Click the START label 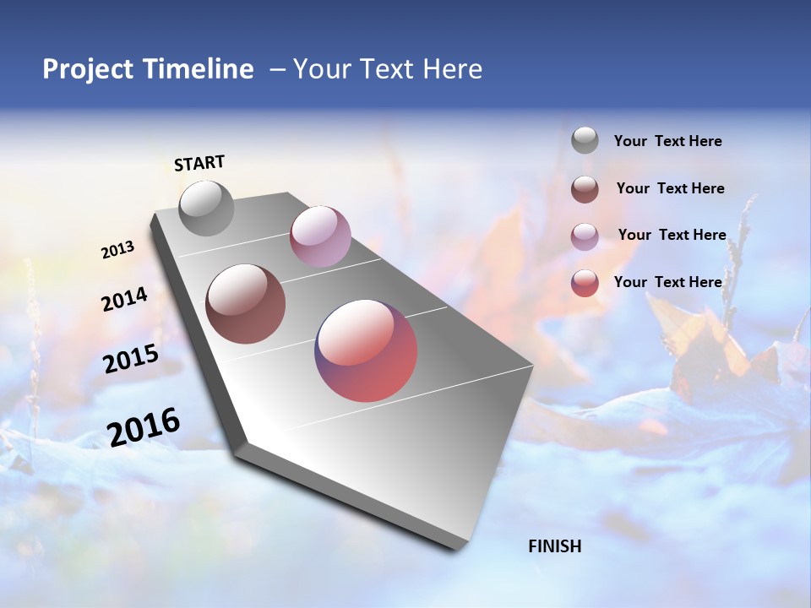point(199,163)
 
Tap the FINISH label point(554,546)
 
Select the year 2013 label point(117,250)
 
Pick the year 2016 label point(144,427)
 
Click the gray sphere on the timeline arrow point(206,209)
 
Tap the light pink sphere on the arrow point(320,236)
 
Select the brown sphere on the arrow point(245,304)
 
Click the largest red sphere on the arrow point(366,350)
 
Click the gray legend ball point(585,141)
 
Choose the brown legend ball point(585,189)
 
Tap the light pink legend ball point(585,236)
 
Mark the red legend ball point(585,283)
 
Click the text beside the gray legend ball point(667,142)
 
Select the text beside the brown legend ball point(670,188)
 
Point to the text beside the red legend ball point(667,282)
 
